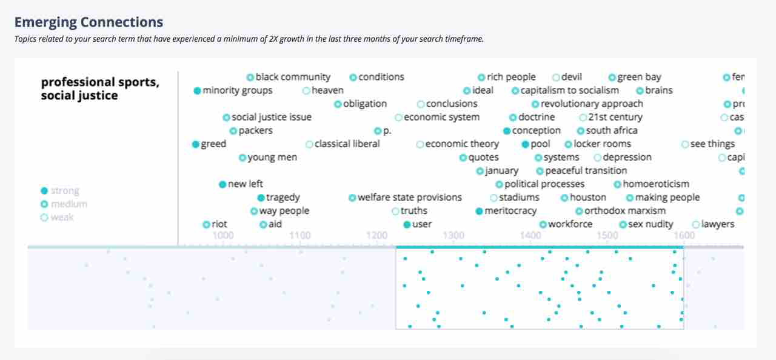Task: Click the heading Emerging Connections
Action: pyautogui.click(x=89, y=22)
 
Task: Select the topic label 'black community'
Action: pyautogui.click(x=293, y=77)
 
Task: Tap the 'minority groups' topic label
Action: pyautogui.click(x=237, y=90)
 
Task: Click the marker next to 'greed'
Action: pyautogui.click(x=195, y=144)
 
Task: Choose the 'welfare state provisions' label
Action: pyautogui.click(x=409, y=198)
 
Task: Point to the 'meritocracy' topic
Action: pyautogui.click(x=510, y=211)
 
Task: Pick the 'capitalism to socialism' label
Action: pyautogui.click(x=569, y=90)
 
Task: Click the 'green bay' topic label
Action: pyautogui.click(x=639, y=77)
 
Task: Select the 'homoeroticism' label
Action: pyautogui.click(x=656, y=184)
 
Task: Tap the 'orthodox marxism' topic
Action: pyautogui.click(x=625, y=211)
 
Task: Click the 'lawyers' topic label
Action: pyautogui.click(x=717, y=224)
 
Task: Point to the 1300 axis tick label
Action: pyautogui.click(x=453, y=235)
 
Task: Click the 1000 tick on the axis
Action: pyautogui.click(x=222, y=235)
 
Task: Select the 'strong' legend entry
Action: pyautogui.click(x=65, y=191)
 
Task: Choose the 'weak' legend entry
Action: pyautogui.click(x=62, y=218)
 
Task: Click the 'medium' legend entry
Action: pyautogui.click(x=69, y=204)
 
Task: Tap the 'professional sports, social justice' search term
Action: pyautogui.click(x=100, y=88)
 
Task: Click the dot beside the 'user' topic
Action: pyautogui.click(x=407, y=224)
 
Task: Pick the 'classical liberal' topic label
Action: pyautogui.click(x=347, y=144)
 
